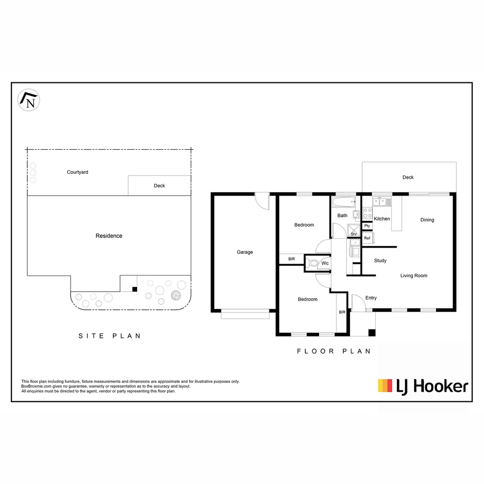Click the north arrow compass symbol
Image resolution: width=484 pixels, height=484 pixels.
[29, 100]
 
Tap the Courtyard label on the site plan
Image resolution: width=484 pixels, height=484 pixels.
[78, 172]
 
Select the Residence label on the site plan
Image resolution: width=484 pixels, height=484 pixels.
[109, 236]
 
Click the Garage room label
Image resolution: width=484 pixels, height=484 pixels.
[245, 252]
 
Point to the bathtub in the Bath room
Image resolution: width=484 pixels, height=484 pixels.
[344, 202]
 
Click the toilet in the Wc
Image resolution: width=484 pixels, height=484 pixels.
[312, 264]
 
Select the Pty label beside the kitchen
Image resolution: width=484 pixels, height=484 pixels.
[367, 226]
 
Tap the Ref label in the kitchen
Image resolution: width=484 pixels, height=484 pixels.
[367, 238]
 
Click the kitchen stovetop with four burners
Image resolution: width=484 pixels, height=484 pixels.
[367, 213]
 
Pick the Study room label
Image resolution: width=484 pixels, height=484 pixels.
[380, 260]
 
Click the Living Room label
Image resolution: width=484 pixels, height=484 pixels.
[414, 276]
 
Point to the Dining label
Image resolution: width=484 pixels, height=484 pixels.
[427, 220]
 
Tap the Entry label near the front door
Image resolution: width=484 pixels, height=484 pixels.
[371, 298]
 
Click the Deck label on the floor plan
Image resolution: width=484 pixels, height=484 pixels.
[408, 177]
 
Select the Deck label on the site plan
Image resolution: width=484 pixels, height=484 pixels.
[159, 186]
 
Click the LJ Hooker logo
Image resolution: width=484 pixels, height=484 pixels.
[423, 386]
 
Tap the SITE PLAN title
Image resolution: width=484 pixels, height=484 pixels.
[110, 336]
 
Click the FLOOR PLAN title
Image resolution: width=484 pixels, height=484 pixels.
[334, 351]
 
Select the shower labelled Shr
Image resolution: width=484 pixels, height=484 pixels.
[354, 230]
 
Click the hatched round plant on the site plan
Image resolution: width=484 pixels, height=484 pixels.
[176, 295]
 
